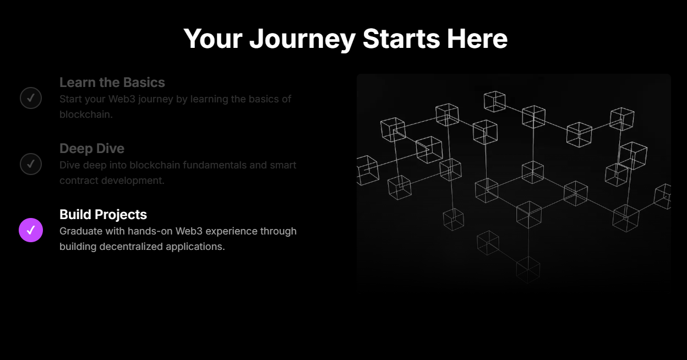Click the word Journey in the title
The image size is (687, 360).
[x=302, y=39]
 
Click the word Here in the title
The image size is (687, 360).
[x=477, y=39]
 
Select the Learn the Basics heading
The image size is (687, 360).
[x=112, y=83]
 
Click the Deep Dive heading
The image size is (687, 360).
[x=92, y=149]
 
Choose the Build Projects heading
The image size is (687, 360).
[x=103, y=215]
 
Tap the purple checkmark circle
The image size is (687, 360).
[x=31, y=230]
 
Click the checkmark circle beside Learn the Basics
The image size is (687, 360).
[x=31, y=98]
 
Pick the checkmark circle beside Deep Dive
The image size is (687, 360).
[x=31, y=163]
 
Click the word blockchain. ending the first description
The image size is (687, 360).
[x=86, y=114]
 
